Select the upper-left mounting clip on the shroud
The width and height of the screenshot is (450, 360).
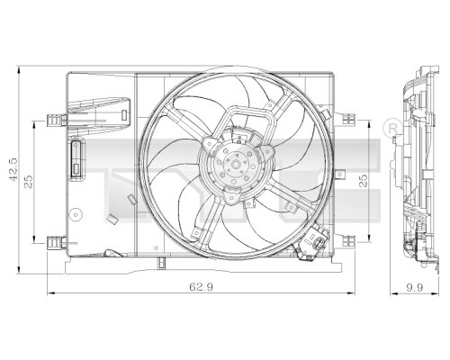58,118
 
